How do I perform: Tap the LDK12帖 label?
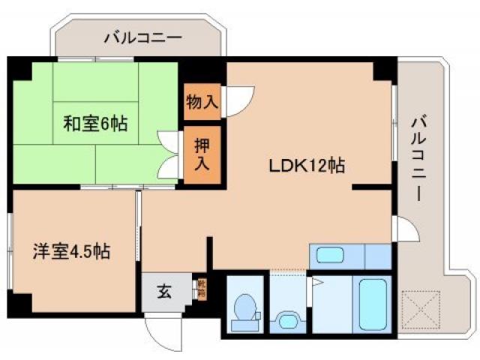307,166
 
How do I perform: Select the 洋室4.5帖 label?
71,250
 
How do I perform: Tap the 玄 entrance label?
164,291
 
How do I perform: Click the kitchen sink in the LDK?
329,255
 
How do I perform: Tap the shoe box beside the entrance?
200,289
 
